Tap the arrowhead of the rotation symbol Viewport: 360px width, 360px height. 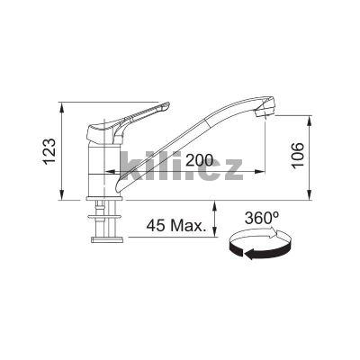pyautogui.click(x=242, y=254)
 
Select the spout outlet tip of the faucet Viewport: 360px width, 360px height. pyautogui.click(x=264, y=112)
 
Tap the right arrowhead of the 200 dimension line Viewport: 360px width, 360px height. pyautogui.click(x=262, y=172)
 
